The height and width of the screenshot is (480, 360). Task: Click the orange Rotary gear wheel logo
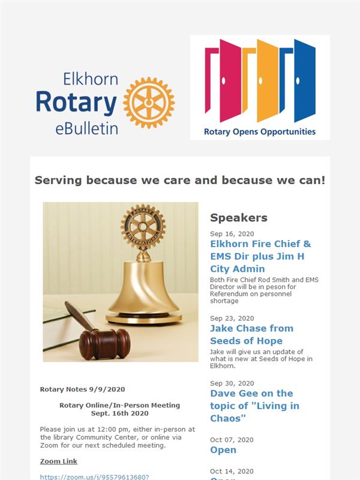coord(149,103)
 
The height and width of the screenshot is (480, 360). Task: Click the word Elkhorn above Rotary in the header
coord(91,79)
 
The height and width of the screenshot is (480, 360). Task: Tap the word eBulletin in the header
coord(86,128)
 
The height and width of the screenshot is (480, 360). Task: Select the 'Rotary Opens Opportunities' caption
coord(260,132)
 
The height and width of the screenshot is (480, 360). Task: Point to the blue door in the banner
coord(305,80)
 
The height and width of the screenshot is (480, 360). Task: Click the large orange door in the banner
coord(267,80)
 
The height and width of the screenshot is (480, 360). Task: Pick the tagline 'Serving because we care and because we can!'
coord(180,180)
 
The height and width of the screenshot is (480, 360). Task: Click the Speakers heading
coord(239,218)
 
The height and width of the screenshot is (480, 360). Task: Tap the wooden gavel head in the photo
coord(104,344)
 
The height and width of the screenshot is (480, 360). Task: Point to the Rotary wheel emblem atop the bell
coord(143,227)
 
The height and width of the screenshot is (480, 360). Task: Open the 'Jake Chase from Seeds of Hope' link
coord(251,335)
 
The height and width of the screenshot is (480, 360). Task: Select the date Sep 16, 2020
coord(232,234)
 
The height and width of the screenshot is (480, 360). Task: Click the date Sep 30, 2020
coord(232,383)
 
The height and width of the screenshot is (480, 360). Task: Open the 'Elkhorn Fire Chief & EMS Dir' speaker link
coord(260,256)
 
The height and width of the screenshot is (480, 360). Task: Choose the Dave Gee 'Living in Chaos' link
coord(254,406)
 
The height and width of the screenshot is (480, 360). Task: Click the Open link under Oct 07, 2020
coord(223,450)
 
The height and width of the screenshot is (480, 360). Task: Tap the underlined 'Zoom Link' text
coord(58,461)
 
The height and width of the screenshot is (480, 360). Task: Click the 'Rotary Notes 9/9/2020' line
coord(82,389)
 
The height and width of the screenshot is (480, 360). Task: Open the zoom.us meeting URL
coord(95,477)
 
